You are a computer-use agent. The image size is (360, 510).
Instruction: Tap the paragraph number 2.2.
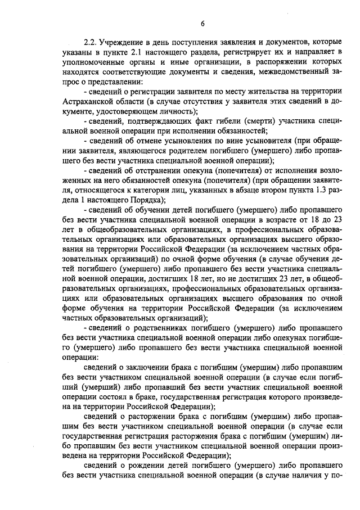point(91,42)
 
